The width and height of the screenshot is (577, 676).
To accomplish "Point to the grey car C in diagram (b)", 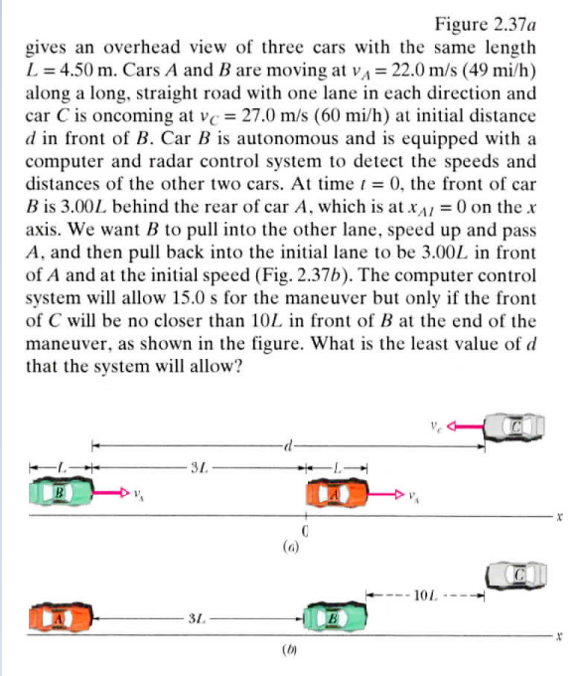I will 514,575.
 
